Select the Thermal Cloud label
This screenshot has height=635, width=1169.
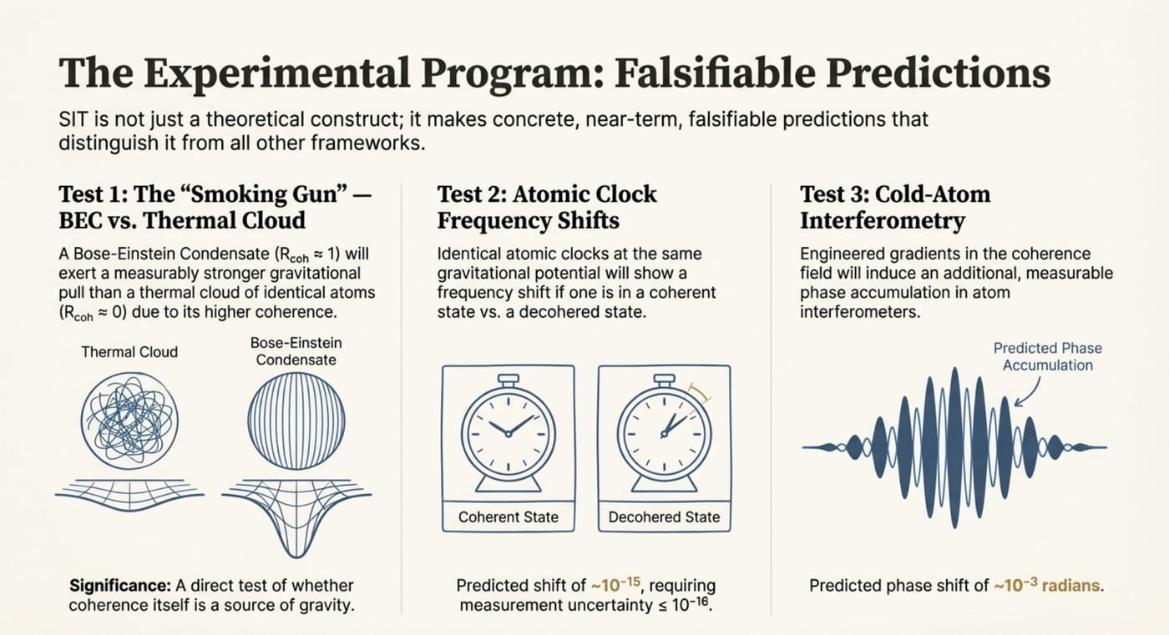129,352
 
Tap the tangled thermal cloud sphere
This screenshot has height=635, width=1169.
129,421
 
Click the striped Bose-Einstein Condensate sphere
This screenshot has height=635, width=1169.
296,421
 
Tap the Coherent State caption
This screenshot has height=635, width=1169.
509,517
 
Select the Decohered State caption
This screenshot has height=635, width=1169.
665,517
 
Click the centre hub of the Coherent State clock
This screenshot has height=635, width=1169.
509,434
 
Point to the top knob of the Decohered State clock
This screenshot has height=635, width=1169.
665,380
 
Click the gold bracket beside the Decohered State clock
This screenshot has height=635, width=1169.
700,394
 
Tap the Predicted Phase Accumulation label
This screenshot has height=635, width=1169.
1047,356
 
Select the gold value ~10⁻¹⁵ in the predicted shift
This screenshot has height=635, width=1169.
615,584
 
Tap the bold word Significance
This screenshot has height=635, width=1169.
120,586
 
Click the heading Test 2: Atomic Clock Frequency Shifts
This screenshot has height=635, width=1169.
547,207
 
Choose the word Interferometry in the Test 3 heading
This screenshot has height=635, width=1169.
883,220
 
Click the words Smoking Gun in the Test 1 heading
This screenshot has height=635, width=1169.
268,194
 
